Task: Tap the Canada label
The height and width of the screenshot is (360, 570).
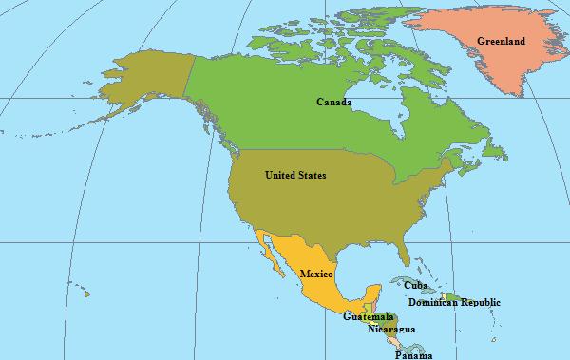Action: click(x=334, y=101)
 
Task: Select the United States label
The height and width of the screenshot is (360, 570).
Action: click(x=294, y=175)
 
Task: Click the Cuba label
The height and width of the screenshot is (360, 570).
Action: click(x=415, y=284)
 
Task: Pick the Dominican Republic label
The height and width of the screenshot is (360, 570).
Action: click(x=454, y=302)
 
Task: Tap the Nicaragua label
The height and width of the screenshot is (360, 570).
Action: click(x=391, y=329)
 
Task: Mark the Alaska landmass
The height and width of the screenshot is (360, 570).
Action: click(x=142, y=81)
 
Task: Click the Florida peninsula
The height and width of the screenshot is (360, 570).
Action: click(x=408, y=249)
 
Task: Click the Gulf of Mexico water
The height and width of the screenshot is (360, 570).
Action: click(x=366, y=261)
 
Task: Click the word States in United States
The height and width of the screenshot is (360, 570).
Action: click(x=311, y=175)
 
